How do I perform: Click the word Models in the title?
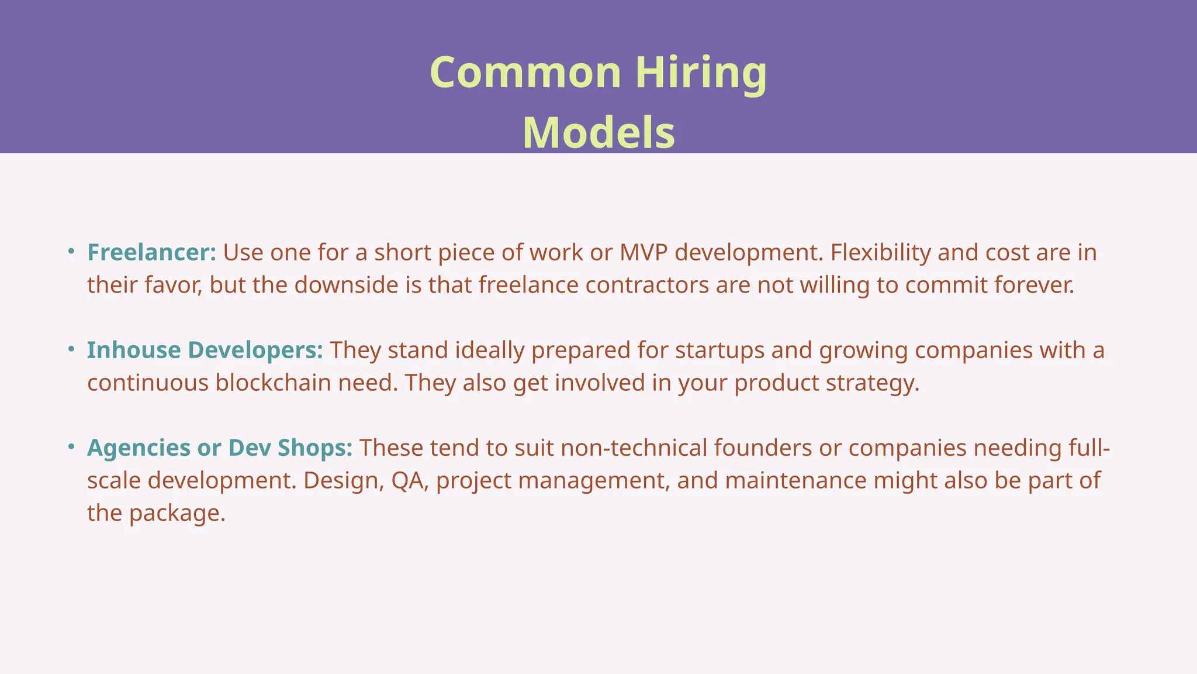click(598, 133)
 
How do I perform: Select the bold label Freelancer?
click(151, 253)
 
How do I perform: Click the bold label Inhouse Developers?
click(205, 350)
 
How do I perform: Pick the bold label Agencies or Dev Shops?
click(220, 448)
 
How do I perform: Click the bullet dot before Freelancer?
click(71, 252)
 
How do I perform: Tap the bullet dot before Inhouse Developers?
click(71, 349)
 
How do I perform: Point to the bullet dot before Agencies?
click(71, 447)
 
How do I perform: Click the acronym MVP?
click(644, 253)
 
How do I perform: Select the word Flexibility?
click(880, 253)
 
